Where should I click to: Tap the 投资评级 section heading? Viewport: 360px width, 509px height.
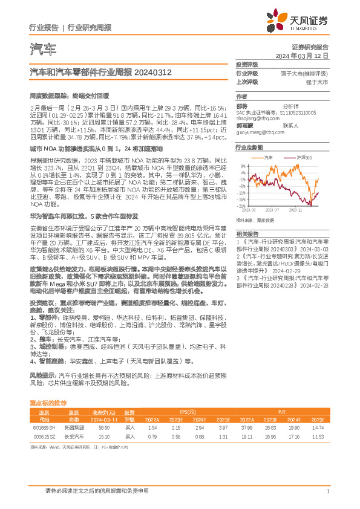tap(247, 64)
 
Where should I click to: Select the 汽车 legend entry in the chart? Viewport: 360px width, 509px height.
tap(269, 157)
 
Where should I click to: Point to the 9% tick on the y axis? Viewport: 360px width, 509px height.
tap(243, 166)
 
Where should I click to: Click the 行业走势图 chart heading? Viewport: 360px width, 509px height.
tap(249, 148)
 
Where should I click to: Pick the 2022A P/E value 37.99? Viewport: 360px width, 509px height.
tap(246, 427)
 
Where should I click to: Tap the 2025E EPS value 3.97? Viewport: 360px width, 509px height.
tap(223, 427)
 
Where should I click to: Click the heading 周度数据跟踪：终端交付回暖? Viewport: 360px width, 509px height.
tap(69, 96)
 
